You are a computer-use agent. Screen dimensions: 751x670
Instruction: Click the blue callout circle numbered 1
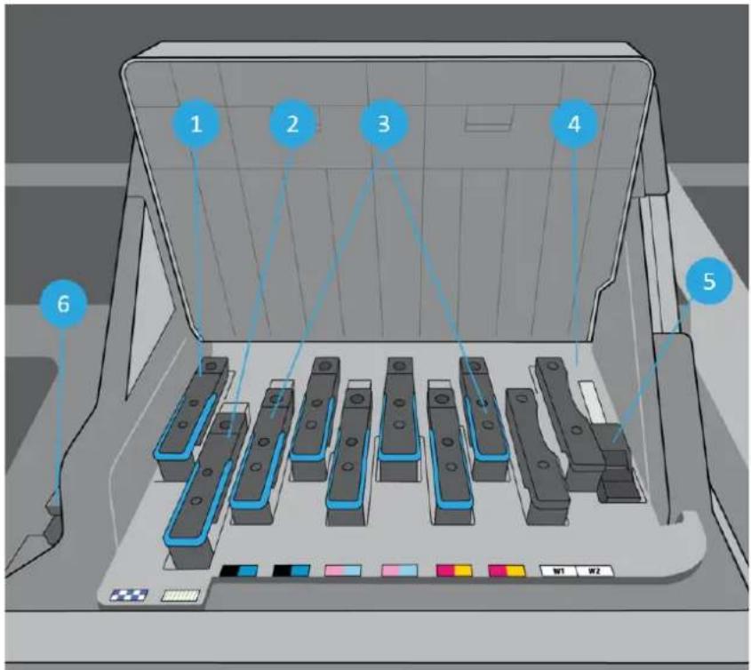coord(196,124)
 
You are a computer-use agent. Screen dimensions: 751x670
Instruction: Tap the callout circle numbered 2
coord(292,124)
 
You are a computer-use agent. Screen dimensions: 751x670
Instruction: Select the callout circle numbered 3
coord(384,124)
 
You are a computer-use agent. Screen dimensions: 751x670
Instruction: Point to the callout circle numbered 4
coord(574,124)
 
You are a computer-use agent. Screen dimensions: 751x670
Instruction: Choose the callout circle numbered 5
coord(709,281)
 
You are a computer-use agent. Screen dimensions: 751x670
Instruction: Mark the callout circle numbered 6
coord(64,304)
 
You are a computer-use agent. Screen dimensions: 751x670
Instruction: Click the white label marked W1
coord(558,570)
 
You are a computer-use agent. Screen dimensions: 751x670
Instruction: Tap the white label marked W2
coord(595,570)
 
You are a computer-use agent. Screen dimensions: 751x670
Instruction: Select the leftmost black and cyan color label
coord(239,570)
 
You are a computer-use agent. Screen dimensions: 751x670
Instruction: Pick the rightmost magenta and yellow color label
coord(507,570)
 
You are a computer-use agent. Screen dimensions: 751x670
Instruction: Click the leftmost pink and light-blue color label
coord(343,570)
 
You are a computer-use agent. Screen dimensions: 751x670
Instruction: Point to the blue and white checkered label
coord(129,595)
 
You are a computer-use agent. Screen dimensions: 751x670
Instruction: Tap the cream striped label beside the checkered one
coord(180,595)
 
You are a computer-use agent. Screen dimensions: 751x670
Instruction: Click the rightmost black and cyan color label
coord(292,570)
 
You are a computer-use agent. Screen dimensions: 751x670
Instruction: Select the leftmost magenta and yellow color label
coord(454,570)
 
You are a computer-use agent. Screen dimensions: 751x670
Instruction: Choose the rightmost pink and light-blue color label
coord(399,570)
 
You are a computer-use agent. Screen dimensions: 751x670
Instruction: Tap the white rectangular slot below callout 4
coord(593,401)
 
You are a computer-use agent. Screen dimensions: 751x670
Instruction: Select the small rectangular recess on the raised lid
coord(489,117)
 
